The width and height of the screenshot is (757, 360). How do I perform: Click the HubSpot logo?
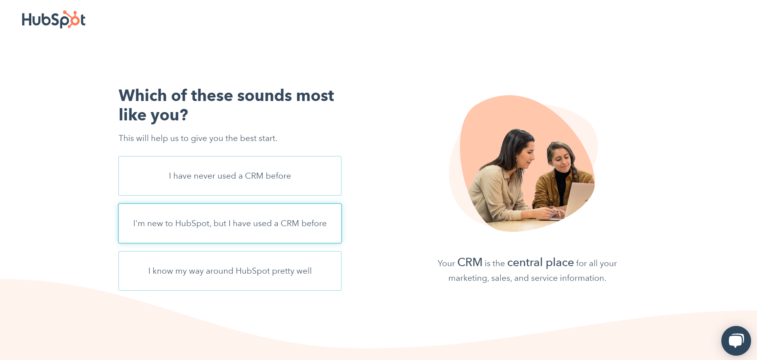click(x=53, y=19)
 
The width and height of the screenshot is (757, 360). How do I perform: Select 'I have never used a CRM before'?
click(x=230, y=176)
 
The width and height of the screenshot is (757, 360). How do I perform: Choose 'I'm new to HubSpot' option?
click(x=230, y=223)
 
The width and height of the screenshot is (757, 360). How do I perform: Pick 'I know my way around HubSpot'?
click(x=230, y=271)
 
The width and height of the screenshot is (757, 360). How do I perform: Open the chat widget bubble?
click(x=736, y=341)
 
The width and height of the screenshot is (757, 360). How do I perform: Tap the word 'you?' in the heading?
click(x=169, y=115)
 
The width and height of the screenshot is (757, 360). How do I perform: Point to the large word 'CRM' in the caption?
click(x=470, y=262)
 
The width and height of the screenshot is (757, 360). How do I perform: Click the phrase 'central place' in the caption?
click(x=540, y=262)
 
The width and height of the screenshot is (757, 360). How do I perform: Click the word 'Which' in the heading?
click(x=143, y=95)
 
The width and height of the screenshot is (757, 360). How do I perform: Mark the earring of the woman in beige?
click(x=517, y=159)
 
